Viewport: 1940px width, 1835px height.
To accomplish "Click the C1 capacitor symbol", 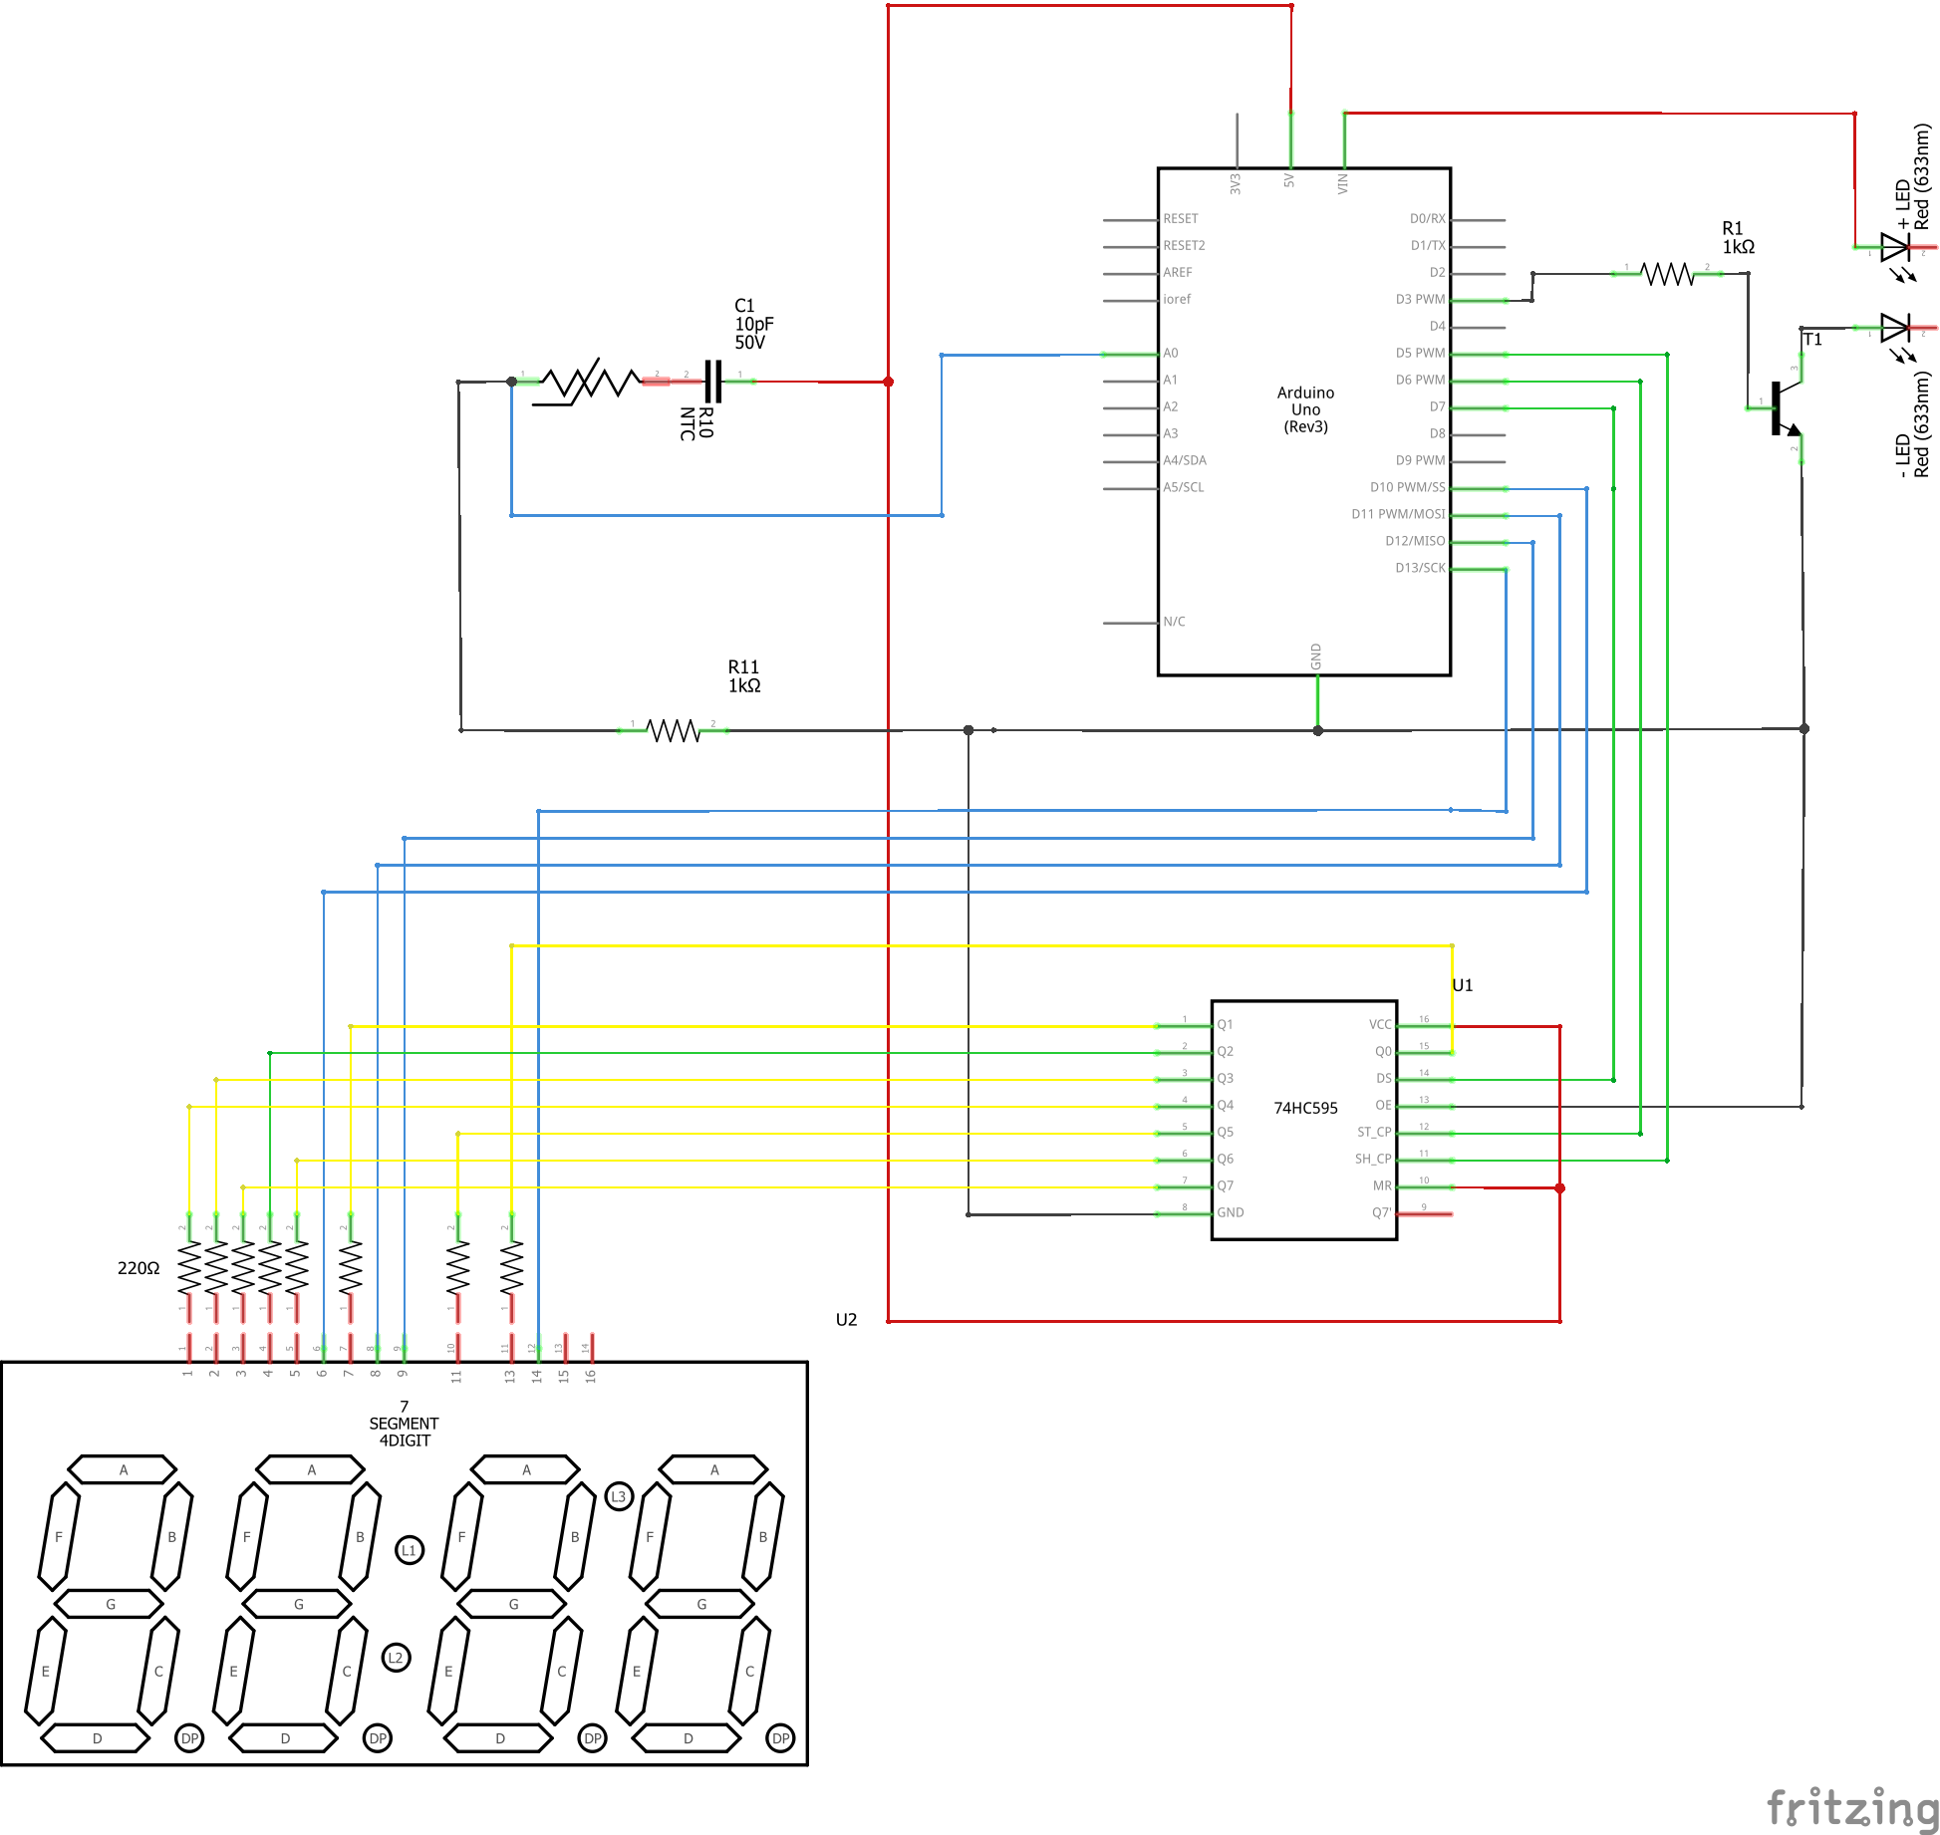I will [x=712, y=381].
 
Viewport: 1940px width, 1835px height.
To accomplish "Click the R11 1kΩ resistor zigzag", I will [x=674, y=730].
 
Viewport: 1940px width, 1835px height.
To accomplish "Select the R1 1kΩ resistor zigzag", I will [x=1667, y=273].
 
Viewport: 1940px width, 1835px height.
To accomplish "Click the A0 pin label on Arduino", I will [x=1171, y=354].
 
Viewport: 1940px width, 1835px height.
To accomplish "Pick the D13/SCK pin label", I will [x=1419, y=568].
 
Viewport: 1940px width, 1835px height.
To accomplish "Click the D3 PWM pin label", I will [x=1419, y=299].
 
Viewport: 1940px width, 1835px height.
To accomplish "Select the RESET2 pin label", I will [x=1184, y=245].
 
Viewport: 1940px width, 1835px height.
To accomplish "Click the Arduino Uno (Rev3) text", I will [x=1305, y=409].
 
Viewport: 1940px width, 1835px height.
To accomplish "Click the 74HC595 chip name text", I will [x=1305, y=1108].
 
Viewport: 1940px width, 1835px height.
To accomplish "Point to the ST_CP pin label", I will [x=1373, y=1133].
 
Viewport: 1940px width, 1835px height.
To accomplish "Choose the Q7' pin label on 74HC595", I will [x=1381, y=1213].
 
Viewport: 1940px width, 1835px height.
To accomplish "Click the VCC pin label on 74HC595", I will [x=1379, y=1025].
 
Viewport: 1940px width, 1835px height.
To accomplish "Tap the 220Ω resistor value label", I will [x=139, y=1268].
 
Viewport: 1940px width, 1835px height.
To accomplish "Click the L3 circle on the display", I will [x=619, y=1496].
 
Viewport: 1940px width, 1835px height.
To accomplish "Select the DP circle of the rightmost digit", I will [x=780, y=1738].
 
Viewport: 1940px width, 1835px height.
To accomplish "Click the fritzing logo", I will [x=1851, y=1807].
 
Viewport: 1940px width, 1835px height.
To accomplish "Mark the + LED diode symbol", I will [x=1894, y=246].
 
